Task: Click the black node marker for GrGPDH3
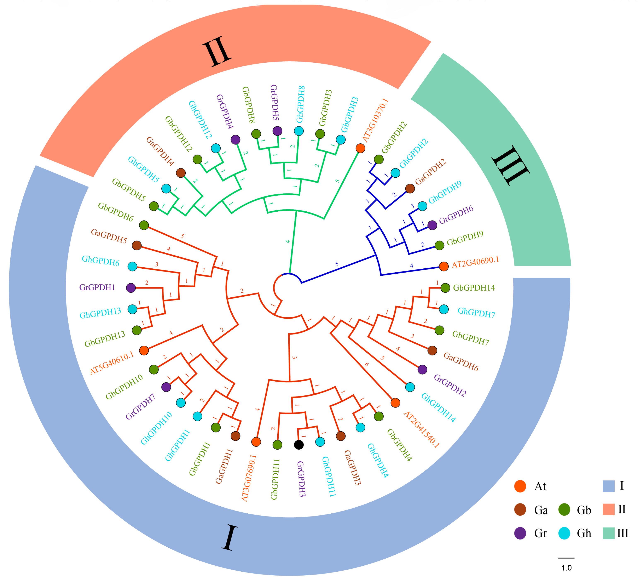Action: [x=299, y=445]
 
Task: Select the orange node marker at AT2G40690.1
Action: [x=444, y=266]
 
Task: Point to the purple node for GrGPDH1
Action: [x=131, y=288]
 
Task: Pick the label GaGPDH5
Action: [x=109, y=236]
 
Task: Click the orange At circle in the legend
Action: [x=520, y=486]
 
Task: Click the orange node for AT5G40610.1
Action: [x=144, y=350]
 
